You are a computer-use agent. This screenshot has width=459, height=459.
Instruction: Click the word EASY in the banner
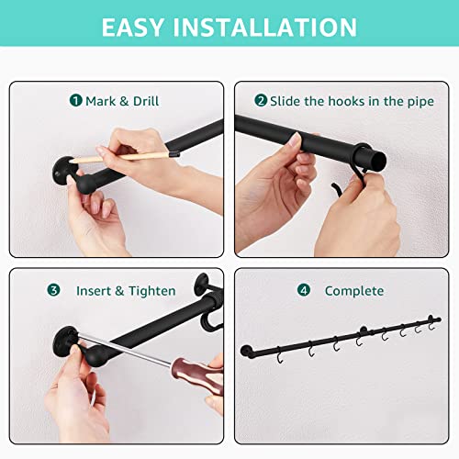coord(132,28)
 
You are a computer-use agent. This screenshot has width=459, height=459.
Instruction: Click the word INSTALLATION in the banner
coord(265,28)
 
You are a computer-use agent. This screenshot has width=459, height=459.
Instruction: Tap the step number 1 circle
coord(76,100)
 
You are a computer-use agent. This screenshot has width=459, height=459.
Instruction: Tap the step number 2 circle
coord(261,100)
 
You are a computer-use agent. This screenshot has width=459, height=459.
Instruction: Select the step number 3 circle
coord(53,290)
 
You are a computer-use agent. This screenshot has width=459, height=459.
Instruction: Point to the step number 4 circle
coord(304,290)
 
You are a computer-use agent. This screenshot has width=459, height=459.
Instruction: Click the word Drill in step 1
coord(146,101)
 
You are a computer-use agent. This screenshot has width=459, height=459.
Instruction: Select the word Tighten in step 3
coord(152,291)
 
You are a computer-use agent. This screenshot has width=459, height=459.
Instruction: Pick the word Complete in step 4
coord(354,291)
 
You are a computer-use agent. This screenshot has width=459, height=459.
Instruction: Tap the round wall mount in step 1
coord(63,172)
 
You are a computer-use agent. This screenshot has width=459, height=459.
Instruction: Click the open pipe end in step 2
coord(379,161)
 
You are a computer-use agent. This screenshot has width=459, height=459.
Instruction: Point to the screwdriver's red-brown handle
coord(197,375)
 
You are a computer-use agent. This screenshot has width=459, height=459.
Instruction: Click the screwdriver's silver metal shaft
coord(125,350)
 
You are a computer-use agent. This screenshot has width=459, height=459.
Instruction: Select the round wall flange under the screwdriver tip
coord(64,341)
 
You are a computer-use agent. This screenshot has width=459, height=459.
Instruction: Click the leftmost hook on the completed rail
coord(280,356)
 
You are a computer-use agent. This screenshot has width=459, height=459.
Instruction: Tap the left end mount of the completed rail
coord(246,352)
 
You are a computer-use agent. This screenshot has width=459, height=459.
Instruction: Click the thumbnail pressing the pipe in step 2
coord(296,140)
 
